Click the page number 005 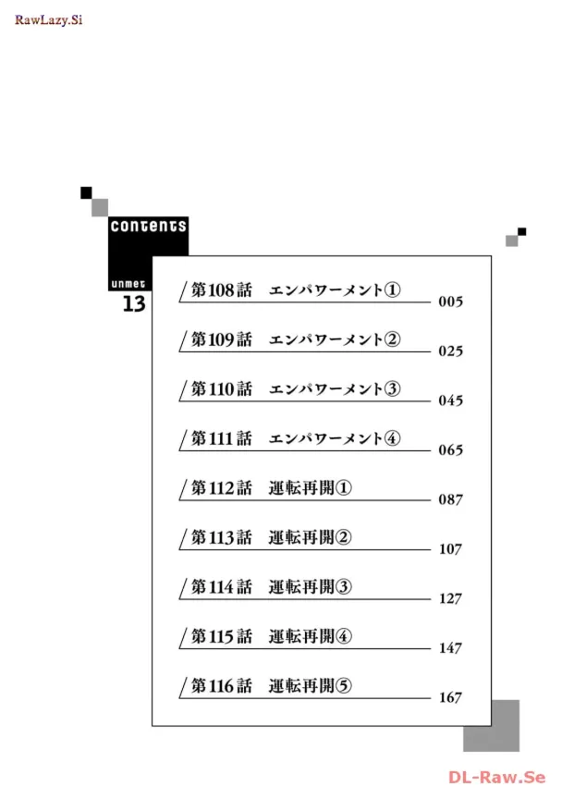click(x=450, y=301)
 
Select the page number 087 click(x=450, y=499)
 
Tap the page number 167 click(x=450, y=697)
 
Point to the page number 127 click(x=450, y=598)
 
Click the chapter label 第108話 click(x=221, y=289)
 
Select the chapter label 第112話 click(x=221, y=487)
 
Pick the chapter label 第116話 click(x=221, y=685)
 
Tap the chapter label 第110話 click(x=221, y=388)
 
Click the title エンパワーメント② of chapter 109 click(x=335, y=339)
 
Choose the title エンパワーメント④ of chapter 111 click(x=335, y=438)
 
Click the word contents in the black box click(x=148, y=226)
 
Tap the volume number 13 click(x=134, y=304)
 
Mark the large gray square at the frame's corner click(x=491, y=726)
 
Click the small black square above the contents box click(x=86, y=192)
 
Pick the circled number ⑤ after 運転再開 click(x=345, y=685)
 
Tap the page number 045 click(x=450, y=400)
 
